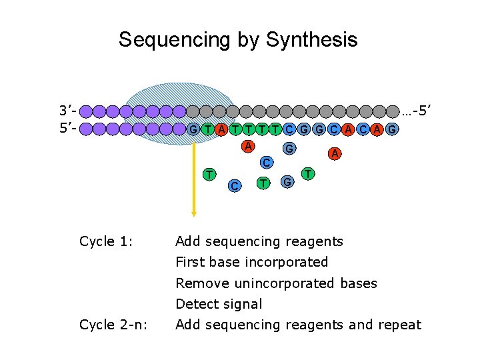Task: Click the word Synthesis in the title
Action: coord(311,40)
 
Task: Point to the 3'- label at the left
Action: coord(69,110)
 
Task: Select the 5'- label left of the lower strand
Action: coord(69,128)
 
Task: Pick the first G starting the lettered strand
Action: coord(192,129)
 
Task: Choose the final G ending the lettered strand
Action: coord(392,129)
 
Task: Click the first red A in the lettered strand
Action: coord(221,129)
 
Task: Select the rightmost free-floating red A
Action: coord(335,154)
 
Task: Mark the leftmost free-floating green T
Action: coord(209,174)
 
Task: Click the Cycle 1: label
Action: coord(106,241)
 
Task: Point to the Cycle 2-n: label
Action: coord(113,325)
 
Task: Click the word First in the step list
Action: coord(189,262)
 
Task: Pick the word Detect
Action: coord(195,304)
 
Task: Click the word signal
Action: coord(241,304)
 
